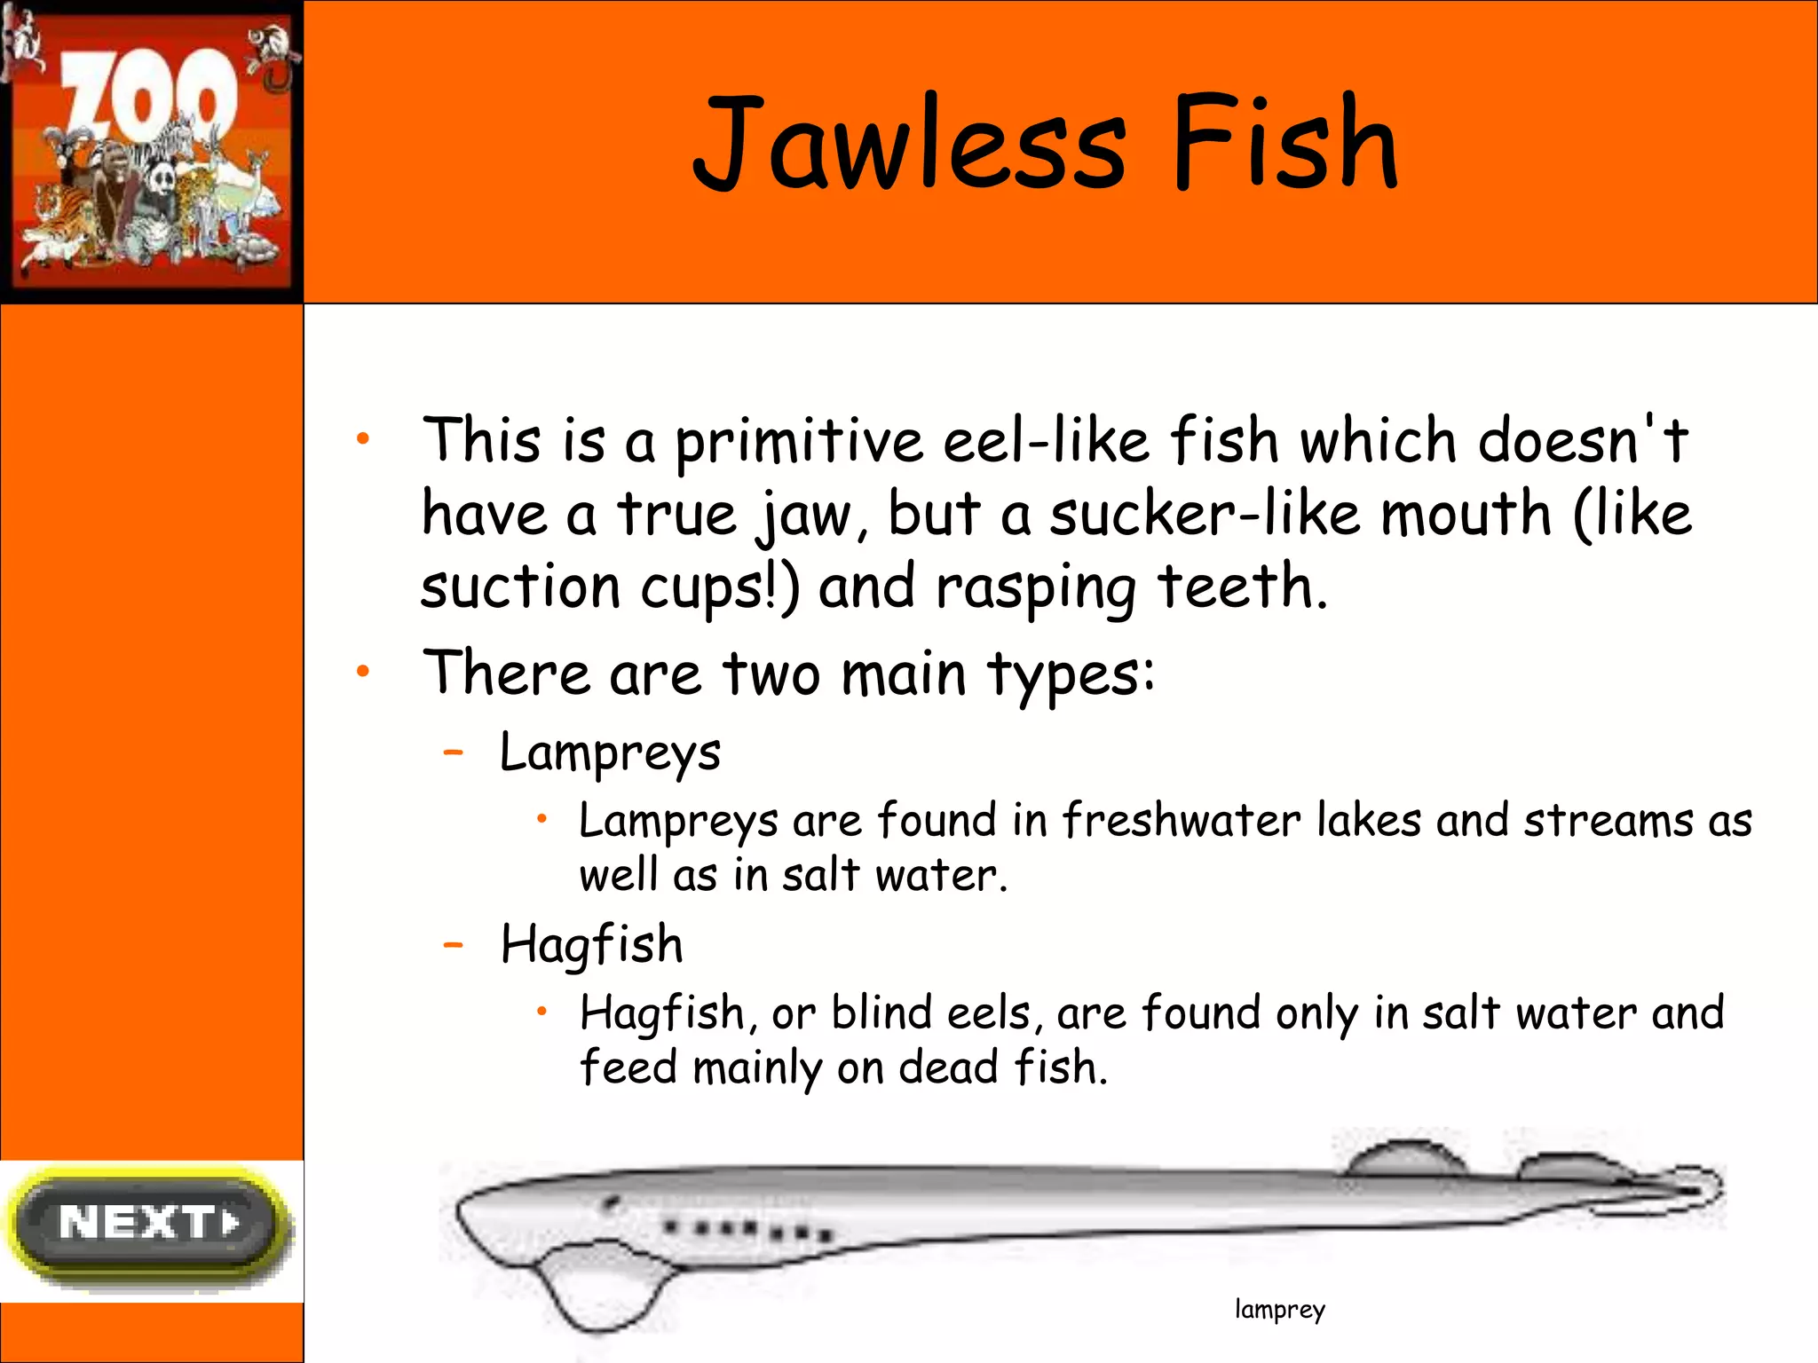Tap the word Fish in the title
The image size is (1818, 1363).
1284,144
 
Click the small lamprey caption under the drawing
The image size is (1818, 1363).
1279,1309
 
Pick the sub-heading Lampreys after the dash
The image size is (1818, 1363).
610,753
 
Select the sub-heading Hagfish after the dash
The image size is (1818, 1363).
592,944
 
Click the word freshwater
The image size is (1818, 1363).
1182,821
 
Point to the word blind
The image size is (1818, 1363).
881,1013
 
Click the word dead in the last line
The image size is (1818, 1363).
948,1068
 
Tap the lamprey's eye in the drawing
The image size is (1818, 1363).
610,1204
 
